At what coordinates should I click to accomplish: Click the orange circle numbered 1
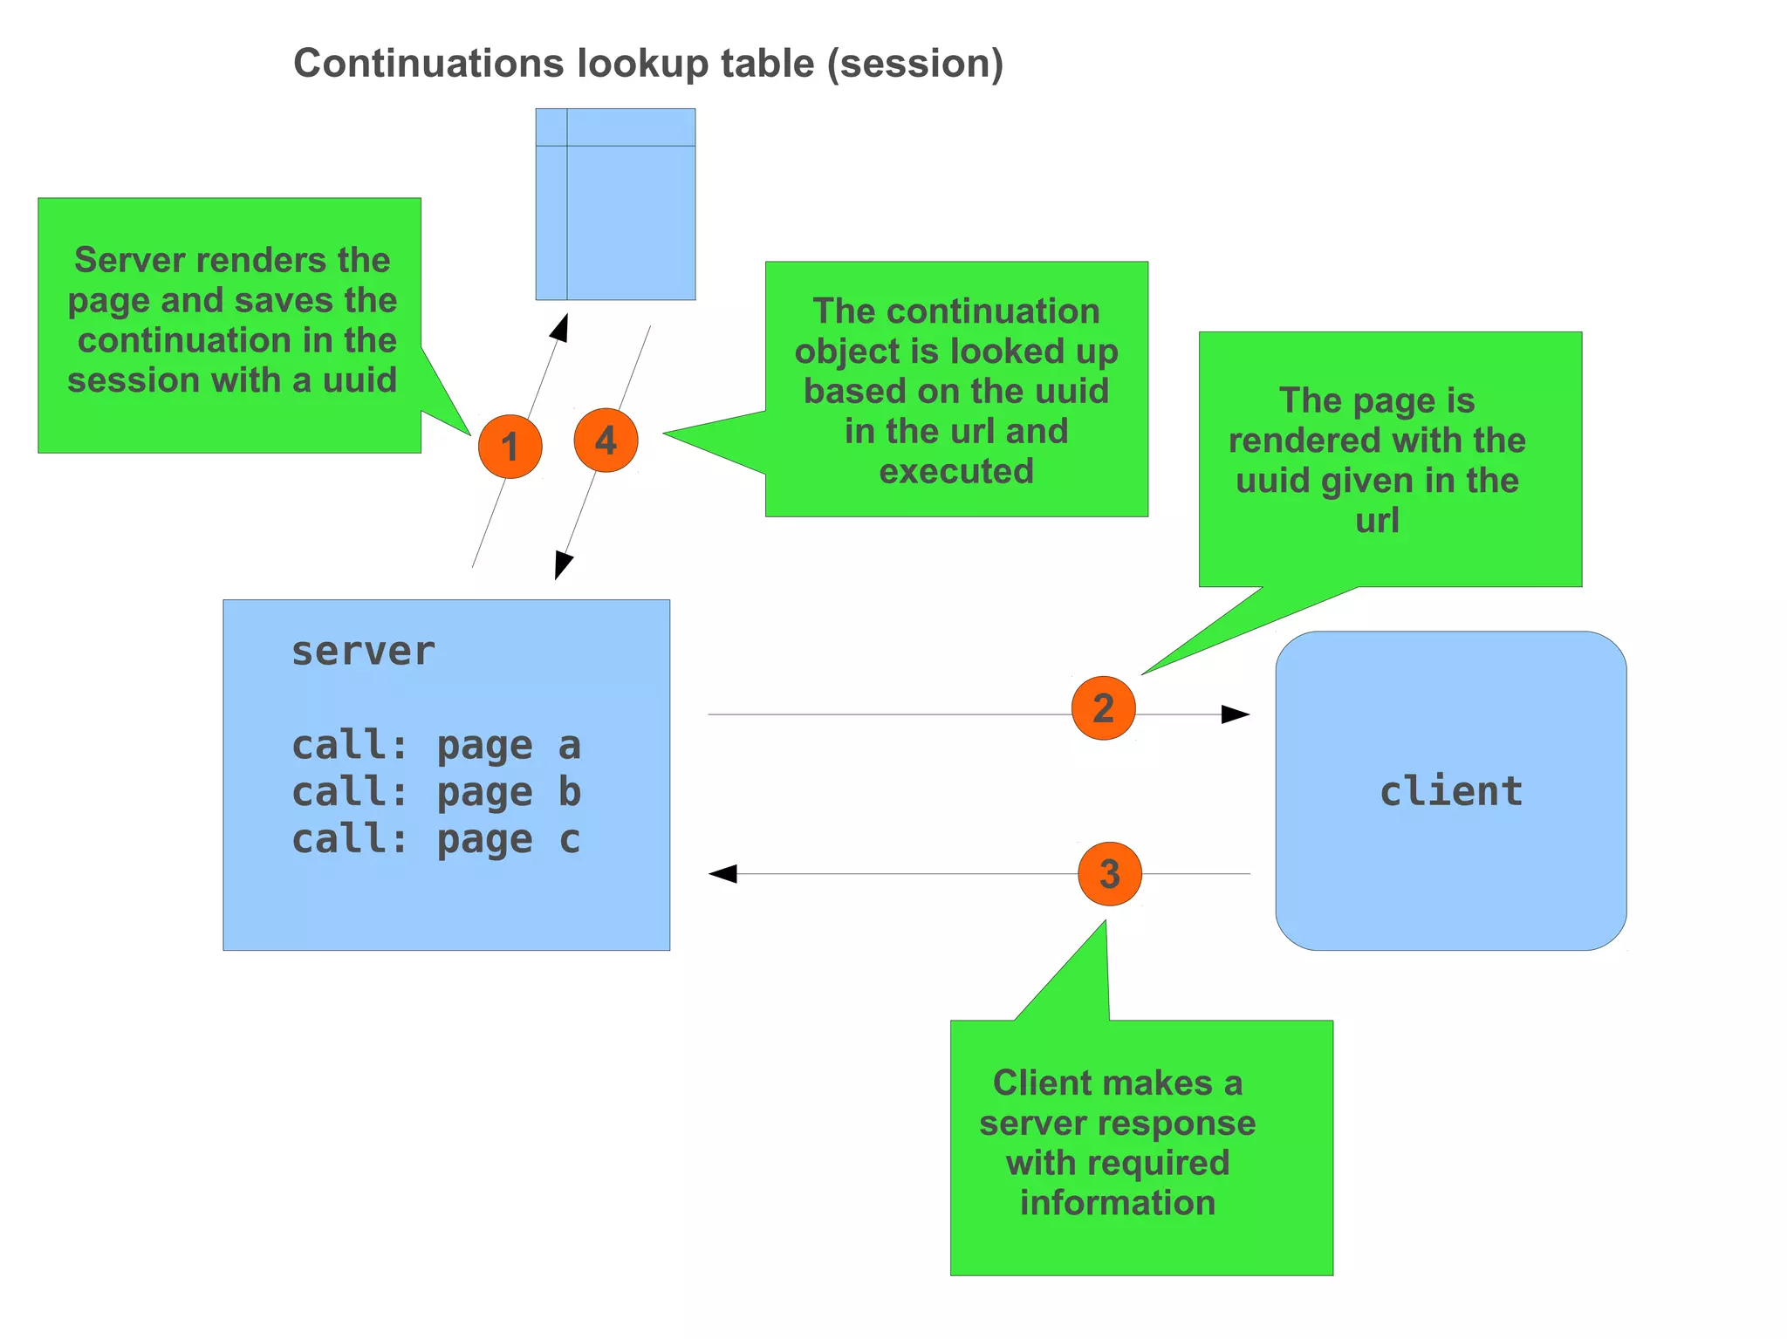[510, 447]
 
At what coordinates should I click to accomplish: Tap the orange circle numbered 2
[1103, 708]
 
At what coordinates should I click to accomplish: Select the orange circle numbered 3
[1109, 874]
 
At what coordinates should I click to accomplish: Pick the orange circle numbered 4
[606, 441]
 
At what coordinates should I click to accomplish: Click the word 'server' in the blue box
[363, 652]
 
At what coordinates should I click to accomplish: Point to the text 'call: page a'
[435, 746]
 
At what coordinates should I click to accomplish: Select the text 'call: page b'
[435, 793]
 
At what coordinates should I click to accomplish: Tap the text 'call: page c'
[435, 840]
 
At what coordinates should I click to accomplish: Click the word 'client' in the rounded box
[1450, 792]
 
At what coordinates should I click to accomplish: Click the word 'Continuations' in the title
[428, 64]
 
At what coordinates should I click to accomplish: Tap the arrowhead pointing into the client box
[1236, 714]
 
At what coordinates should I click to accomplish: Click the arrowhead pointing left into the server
[722, 874]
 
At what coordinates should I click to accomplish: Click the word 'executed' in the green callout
[955, 472]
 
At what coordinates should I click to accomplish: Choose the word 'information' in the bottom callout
[1117, 1203]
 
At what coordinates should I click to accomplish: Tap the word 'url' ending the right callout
[1377, 521]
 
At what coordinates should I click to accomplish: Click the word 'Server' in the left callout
[128, 260]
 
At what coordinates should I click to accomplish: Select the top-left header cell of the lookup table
[551, 127]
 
